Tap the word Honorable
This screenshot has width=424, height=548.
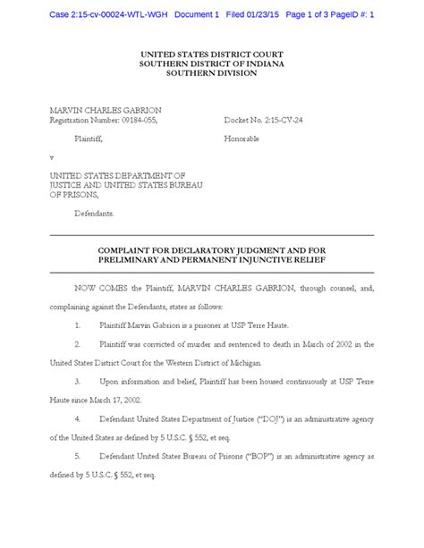[243, 139]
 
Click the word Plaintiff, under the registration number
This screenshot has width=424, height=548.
[88, 139]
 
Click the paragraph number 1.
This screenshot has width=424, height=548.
[79, 326]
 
